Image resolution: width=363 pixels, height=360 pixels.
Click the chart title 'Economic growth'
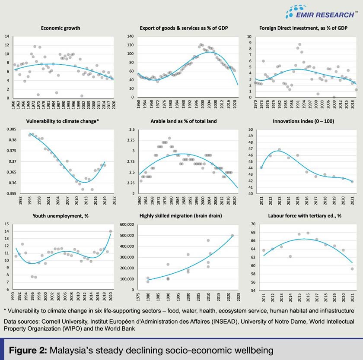tap(60, 28)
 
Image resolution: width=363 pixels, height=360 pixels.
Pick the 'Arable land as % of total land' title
tap(184, 122)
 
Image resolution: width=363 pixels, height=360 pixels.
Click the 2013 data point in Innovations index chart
tap(279, 150)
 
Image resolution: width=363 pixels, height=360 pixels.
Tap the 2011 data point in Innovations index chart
tap(261, 167)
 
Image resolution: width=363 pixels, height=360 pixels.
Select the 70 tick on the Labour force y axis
tap(252, 224)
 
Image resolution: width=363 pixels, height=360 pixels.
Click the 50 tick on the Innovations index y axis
tap(252, 129)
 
